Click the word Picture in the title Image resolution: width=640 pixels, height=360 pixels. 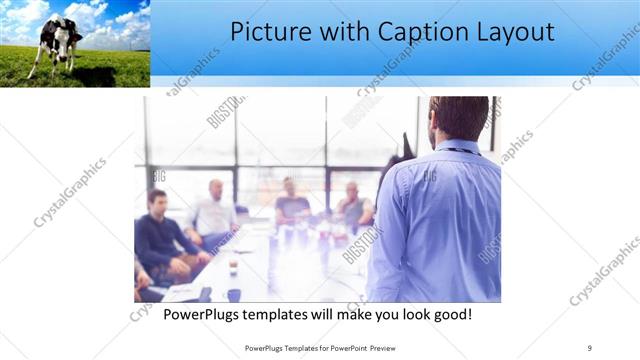pyautogui.click(x=267, y=32)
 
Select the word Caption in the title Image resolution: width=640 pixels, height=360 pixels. pyautogui.click(x=414, y=32)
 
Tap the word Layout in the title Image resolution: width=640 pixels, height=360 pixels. pyautogui.click(x=515, y=32)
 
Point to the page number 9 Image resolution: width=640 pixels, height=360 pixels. pyautogui.click(x=589, y=347)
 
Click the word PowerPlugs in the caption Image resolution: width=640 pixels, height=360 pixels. pyautogui.click(x=207, y=315)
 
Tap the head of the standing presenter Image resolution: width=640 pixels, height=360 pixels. pyautogui.click(x=459, y=117)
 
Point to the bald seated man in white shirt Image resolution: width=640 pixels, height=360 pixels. pyautogui.click(x=213, y=212)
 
